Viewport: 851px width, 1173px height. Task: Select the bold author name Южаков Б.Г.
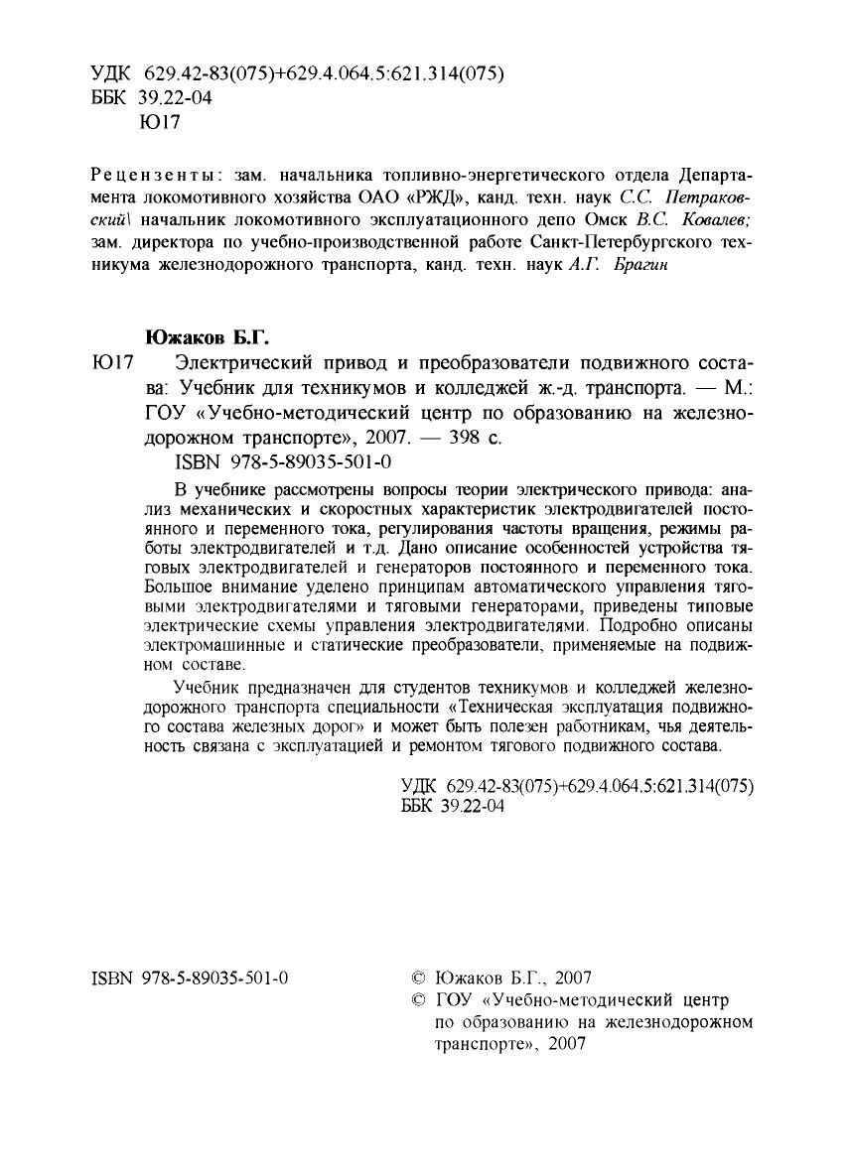click(x=203, y=336)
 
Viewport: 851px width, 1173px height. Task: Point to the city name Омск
click(x=581, y=219)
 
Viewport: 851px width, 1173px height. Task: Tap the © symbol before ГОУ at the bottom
click(x=417, y=999)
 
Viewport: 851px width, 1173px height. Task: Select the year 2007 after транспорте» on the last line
click(x=566, y=1043)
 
